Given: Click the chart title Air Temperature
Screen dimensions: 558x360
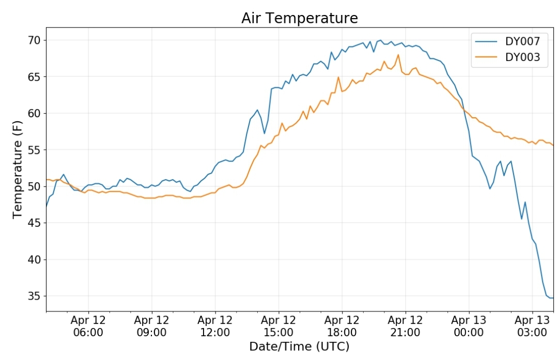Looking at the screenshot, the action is [x=299, y=18].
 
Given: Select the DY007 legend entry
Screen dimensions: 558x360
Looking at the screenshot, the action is [x=508, y=41].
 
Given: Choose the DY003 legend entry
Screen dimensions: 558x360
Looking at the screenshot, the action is [x=508, y=57].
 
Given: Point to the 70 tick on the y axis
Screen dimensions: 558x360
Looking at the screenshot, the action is [x=35, y=40].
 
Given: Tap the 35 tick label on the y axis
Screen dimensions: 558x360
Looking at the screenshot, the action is [x=35, y=296].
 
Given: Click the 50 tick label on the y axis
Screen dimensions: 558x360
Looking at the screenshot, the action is [x=35, y=186].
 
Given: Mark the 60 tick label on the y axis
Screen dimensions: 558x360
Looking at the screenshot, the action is [x=35, y=113].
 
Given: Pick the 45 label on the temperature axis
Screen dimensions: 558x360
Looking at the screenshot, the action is [x=35, y=223].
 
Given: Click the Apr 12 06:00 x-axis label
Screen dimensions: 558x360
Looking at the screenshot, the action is [x=88, y=326].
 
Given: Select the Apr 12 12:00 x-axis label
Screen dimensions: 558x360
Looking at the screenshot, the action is [x=215, y=326].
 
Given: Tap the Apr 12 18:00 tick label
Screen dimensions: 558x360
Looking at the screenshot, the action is [x=342, y=326].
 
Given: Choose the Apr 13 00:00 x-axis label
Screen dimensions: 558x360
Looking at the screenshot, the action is [x=469, y=326].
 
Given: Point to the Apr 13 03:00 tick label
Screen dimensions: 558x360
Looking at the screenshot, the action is [x=532, y=326].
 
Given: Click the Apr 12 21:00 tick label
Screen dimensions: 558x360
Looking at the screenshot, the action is [x=406, y=326].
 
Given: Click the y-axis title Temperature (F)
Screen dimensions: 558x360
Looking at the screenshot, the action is [x=17, y=170].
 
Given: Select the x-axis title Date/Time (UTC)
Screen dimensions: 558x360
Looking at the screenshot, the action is [x=299, y=347].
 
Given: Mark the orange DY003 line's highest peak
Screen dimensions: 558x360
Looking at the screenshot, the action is [x=398, y=54].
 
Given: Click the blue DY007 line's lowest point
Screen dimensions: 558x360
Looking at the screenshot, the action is [x=551, y=298].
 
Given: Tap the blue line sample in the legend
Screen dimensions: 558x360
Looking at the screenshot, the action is [x=486, y=41].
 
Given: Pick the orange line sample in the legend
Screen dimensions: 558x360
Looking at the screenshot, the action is [x=486, y=57].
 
